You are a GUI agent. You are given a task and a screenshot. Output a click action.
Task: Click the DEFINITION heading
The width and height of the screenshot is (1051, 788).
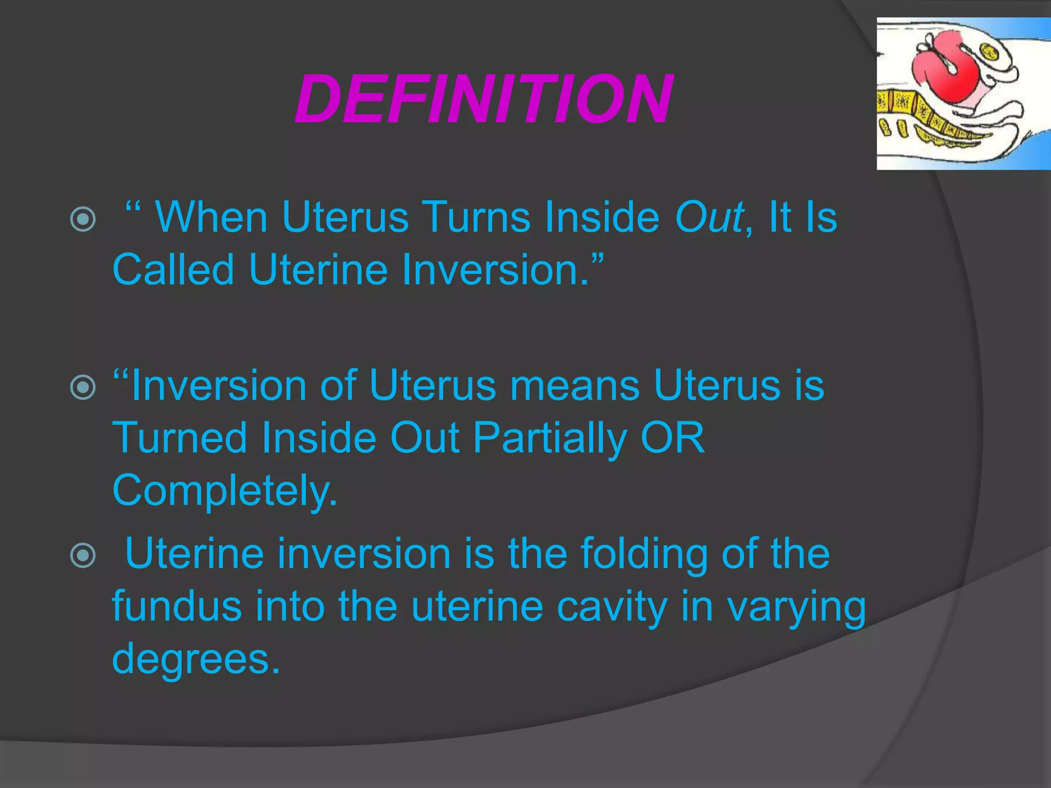click(x=483, y=99)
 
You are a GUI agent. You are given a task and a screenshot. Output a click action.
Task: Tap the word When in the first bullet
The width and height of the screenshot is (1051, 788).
click(x=211, y=218)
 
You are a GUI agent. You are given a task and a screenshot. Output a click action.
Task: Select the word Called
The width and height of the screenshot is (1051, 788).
click(x=173, y=270)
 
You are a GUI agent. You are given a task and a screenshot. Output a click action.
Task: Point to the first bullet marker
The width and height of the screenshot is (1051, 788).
click(x=83, y=220)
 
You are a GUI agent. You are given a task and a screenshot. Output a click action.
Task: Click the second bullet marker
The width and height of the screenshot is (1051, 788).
click(x=83, y=387)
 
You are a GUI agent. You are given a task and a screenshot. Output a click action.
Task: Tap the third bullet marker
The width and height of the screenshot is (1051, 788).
click(x=83, y=555)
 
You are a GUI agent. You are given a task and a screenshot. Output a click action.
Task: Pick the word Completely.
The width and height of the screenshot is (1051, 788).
click(x=224, y=491)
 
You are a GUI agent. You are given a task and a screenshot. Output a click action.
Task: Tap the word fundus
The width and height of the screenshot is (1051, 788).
click(x=177, y=606)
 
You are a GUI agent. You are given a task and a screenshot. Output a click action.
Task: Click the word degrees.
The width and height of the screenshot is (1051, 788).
click(x=196, y=660)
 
